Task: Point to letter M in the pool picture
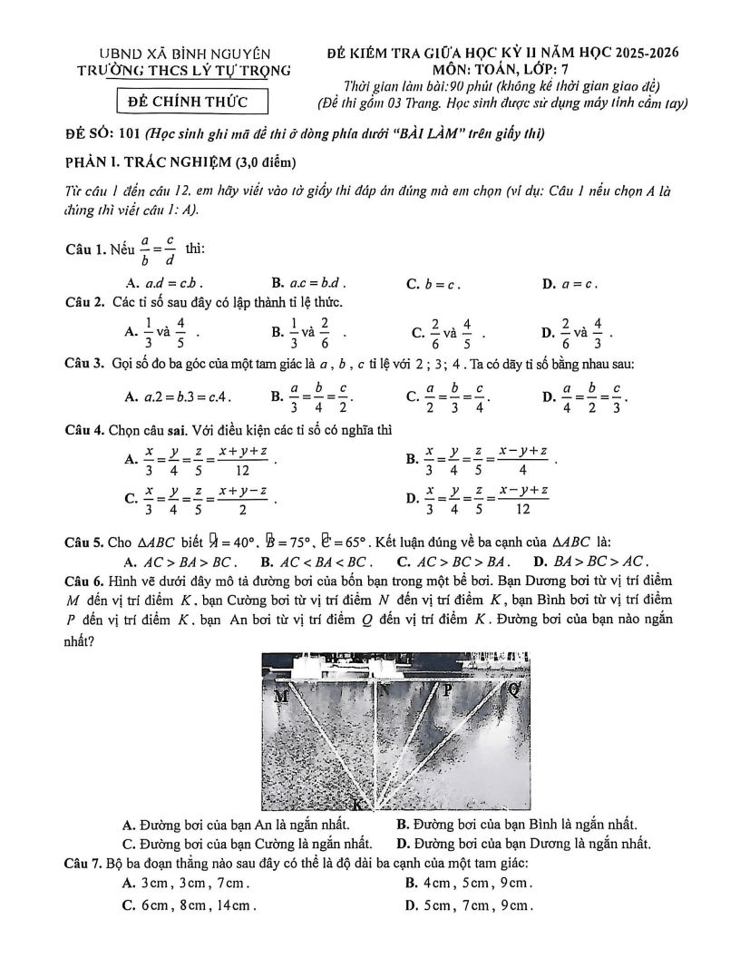281,696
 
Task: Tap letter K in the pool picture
360,804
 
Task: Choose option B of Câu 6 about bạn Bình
517,825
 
